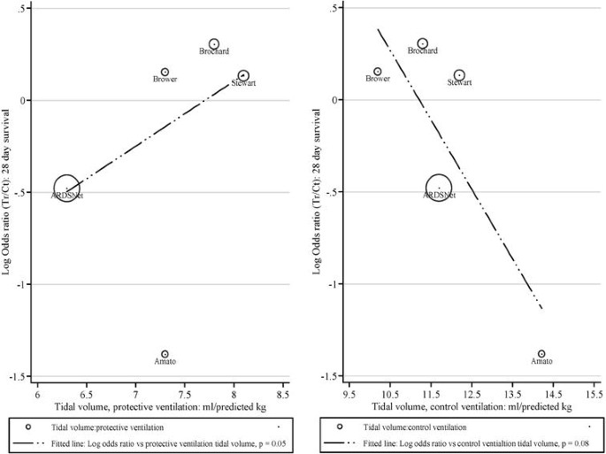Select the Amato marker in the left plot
[x=165, y=354]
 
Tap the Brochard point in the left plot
[x=214, y=43]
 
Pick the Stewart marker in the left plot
[x=243, y=76]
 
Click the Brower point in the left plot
[x=165, y=72]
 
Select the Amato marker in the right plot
[x=541, y=354]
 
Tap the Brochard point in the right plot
[x=423, y=43]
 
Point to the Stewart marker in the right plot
[x=459, y=75]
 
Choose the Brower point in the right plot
[x=378, y=72]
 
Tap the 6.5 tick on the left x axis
[x=87, y=388]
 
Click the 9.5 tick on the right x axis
[x=348, y=388]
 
